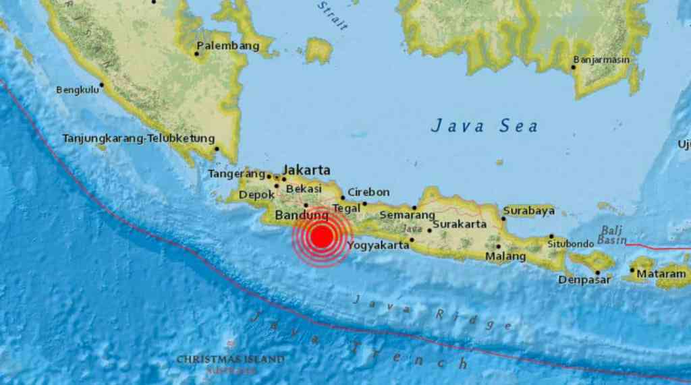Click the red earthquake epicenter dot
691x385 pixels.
323,237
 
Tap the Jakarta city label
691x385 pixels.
306,169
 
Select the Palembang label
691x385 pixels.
227,46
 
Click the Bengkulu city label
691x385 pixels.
77,89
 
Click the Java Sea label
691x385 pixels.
485,125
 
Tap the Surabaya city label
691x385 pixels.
529,210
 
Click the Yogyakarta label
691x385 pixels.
378,245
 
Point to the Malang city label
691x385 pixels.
505,256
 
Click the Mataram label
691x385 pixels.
663,274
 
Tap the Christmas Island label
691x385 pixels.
230,359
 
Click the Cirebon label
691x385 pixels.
368,192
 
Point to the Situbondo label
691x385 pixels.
571,243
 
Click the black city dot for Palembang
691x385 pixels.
196,53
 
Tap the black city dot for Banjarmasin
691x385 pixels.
574,67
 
